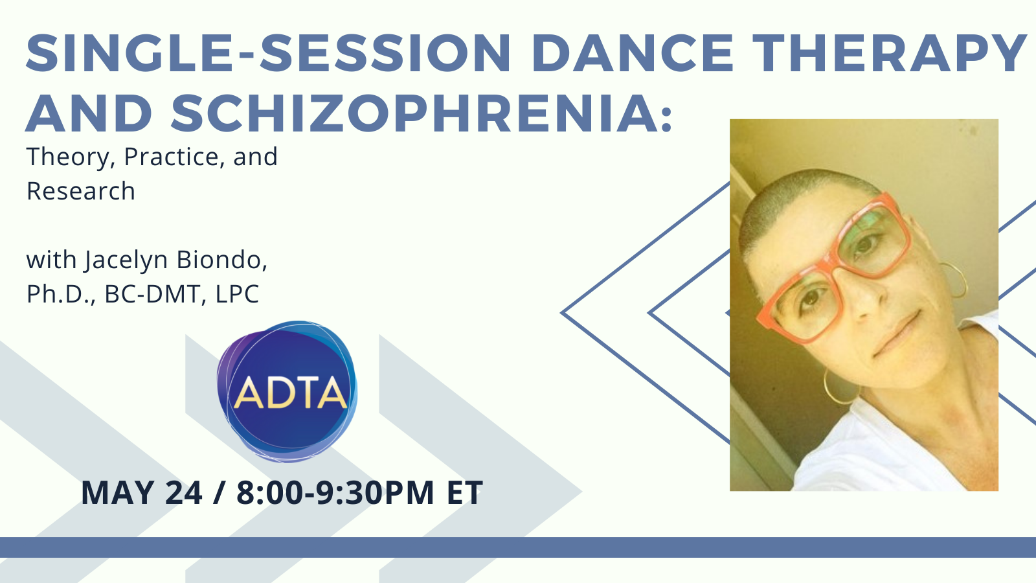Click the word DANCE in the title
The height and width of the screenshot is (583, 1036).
(x=633, y=53)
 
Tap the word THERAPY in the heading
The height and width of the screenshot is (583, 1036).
(x=890, y=53)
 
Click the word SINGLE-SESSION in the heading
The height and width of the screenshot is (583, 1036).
(x=268, y=53)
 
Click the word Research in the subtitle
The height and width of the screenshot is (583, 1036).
(x=81, y=190)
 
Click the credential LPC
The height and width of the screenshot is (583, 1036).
(x=237, y=294)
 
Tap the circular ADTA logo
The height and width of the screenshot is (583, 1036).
(x=287, y=391)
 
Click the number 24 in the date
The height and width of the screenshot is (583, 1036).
(x=184, y=492)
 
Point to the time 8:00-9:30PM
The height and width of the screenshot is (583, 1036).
(x=335, y=492)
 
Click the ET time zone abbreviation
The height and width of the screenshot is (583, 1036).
(x=465, y=492)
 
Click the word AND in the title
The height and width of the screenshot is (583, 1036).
(x=89, y=113)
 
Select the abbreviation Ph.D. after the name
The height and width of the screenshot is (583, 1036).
(x=61, y=294)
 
